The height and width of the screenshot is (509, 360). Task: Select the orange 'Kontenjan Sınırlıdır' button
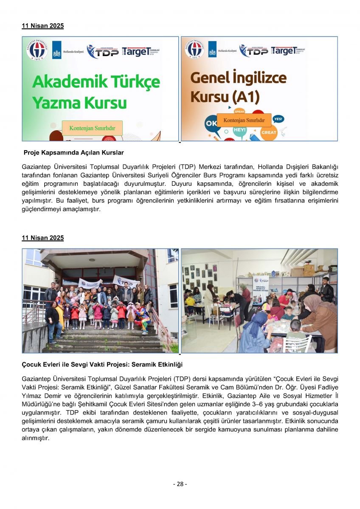244,120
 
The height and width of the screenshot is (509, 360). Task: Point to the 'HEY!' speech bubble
239,130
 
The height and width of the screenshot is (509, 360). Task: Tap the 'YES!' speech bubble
278,119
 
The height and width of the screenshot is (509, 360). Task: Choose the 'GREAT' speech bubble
268,133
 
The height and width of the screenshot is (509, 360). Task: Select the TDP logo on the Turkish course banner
103,51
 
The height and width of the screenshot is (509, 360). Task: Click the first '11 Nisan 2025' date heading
42,26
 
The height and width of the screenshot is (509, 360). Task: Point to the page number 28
180,484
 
